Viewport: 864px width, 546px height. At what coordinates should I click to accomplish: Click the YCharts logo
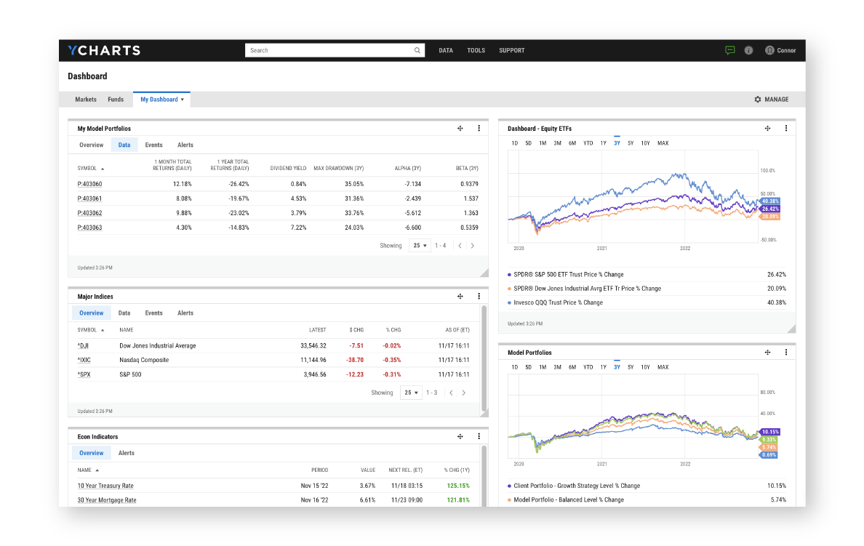pos(104,50)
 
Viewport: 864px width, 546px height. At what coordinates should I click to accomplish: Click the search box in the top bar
pos(331,50)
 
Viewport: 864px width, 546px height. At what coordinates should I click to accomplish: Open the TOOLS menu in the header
pos(476,51)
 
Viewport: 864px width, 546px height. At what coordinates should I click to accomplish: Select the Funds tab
pos(116,100)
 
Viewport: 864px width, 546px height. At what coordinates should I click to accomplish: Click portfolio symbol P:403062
pos(89,213)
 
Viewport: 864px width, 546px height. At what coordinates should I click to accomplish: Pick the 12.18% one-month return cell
pos(182,184)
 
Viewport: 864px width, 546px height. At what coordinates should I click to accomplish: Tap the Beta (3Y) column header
pos(466,168)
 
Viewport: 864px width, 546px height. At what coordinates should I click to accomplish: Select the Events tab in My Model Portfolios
pos(153,145)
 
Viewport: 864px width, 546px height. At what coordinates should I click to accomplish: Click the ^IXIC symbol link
pos(84,360)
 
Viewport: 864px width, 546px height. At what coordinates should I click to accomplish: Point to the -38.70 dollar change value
pos(356,360)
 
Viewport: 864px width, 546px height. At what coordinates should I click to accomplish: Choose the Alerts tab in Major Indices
pos(185,313)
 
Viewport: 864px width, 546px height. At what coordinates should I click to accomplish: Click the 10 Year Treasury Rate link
pos(105,486)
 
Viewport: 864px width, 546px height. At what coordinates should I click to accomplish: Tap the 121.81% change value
pos(457,500)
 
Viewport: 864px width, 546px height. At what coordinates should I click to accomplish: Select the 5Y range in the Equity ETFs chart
pos(631,143)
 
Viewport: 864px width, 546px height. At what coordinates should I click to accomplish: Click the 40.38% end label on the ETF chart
pos(769,201)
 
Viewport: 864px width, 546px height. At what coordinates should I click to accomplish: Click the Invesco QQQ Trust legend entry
pos(558,302)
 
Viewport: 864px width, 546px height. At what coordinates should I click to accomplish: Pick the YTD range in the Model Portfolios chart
pos(588,367)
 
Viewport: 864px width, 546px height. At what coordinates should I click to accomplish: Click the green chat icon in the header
pos(730,50)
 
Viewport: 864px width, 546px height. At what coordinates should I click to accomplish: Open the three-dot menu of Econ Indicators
pos(479,437)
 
